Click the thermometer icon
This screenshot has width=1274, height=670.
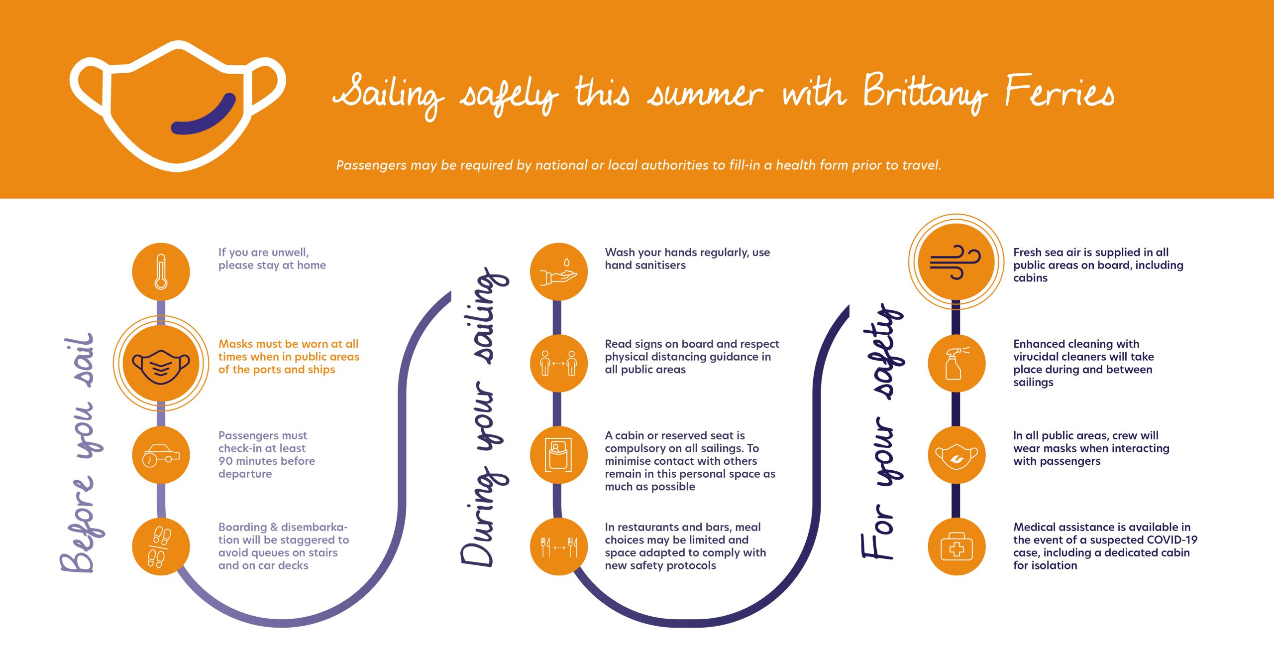coord(161,271)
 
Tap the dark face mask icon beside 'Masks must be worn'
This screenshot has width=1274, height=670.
coord(161,366)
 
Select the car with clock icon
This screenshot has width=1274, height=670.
coord(161,455)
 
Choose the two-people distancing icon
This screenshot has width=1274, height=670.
coord(559,363)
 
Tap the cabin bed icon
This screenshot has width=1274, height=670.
coord(559,455)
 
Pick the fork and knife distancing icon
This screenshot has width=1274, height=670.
coord(559,547)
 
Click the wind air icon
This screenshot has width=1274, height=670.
coord(955,262)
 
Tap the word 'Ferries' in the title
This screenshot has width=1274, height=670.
coord(1059,92)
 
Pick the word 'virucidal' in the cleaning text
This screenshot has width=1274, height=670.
coord(1037,357)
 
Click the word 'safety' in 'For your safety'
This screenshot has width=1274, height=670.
coord(888,351)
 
